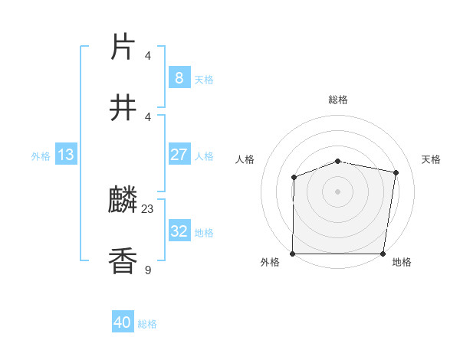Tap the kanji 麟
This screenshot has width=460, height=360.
tap(123, 201)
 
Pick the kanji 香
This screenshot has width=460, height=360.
tap(123, 261)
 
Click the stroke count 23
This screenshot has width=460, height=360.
tap(148, 208)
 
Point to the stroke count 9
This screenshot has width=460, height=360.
tap(148, 269)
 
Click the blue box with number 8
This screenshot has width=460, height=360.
tap(179, 77)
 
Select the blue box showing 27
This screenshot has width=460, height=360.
tap(179, 155)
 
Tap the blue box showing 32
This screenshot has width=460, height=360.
tap(179, 231)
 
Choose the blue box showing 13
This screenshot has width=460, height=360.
tap(65, 155)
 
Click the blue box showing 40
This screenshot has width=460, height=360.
tap(123, 322)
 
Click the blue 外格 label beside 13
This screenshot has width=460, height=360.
tap(41, 156)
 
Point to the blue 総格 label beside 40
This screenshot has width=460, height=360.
tap(147, 324)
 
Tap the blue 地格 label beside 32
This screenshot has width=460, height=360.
tap(204, 233)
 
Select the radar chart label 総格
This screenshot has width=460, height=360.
tap(338, 100)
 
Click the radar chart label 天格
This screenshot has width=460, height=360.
tap(432, 159)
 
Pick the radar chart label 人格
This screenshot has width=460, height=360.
tap(245, 159)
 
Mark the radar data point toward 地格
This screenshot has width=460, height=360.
tap(383, 254)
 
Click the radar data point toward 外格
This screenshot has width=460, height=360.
tap(293, 254)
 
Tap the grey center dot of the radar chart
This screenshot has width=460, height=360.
tap(338, 191)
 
